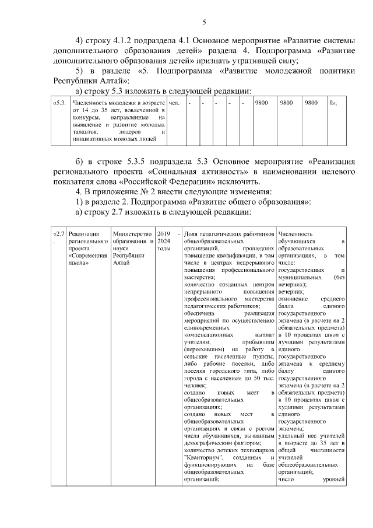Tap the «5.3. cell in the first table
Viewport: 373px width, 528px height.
pos(59,103)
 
